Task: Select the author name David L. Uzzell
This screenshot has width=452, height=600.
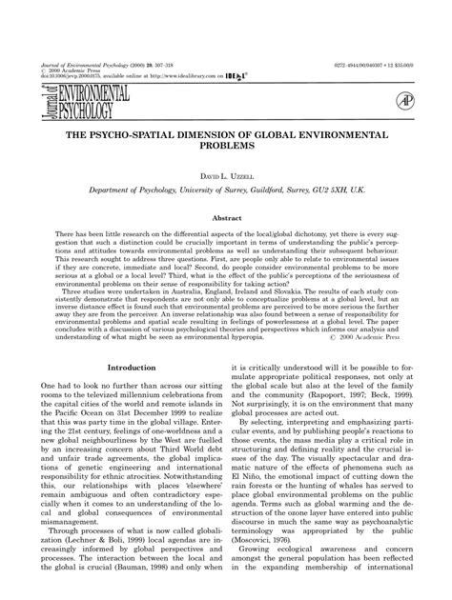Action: (x=226, y=176)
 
